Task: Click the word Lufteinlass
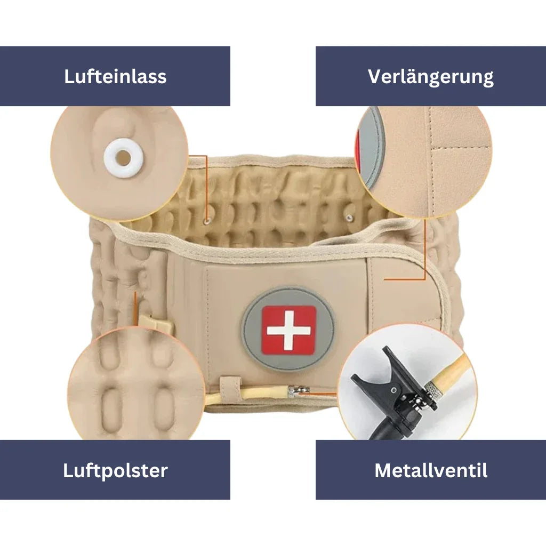[x=115, y=76]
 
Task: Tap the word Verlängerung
[x=430, y=76]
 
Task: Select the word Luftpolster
[x=115, y=470]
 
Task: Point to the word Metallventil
[x=431, y=470]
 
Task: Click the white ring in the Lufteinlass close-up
[x=123, y=157]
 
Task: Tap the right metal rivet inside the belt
[x=350, y=216]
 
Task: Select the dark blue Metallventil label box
[x=431, y=470]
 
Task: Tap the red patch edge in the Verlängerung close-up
[x=358, y=144]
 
